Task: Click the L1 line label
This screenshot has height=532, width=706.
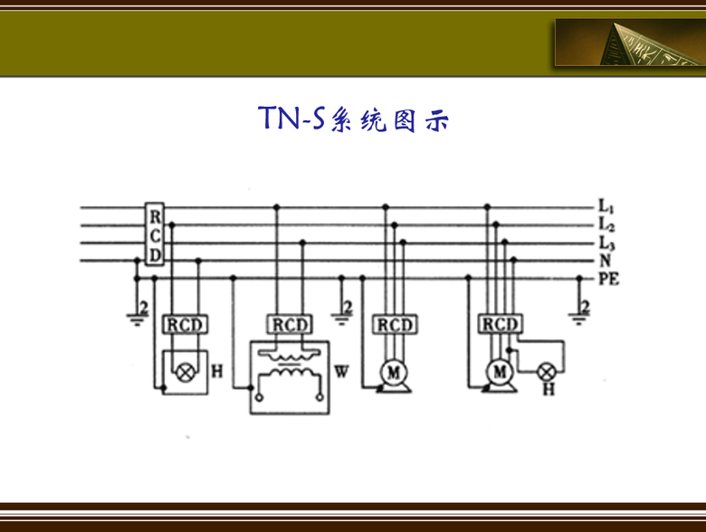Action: pyautogui.click(x=606, y=207)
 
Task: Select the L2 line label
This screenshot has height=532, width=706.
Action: pyautogui.click(x=606, y=224)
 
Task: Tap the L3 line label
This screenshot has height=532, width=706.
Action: pyautogui.click(x=606, y=242)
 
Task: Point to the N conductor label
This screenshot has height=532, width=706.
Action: pyautogui.click(x=604, y=261)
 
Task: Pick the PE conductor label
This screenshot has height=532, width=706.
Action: pyautogui.click(x=608, y=278)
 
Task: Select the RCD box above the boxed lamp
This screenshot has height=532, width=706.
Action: pyautogui.click(x=186, y=324)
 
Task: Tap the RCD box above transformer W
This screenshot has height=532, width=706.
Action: pyautogui.click(x=290, y=324)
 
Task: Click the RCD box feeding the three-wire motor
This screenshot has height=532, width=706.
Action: pyautogui.click(x=394, y=324)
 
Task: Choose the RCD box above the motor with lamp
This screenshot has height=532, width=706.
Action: pyautogui.click(x=499, y=324)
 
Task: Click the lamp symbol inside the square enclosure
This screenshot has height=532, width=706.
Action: pyautogui.click(x=186, y=371)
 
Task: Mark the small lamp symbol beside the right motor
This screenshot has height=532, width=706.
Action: pyautogui.click(x=547, y=371)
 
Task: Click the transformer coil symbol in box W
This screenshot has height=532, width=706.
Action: pyautogui.click(x=290, y=371)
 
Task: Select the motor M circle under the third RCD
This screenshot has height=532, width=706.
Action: pyautogui.click(x=394, y=371)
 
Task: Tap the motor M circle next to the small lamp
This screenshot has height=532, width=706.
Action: pyautogui.click(x=499, y=371)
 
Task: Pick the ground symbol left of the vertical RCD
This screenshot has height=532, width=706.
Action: pyautogui.click(x=138, y=313)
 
